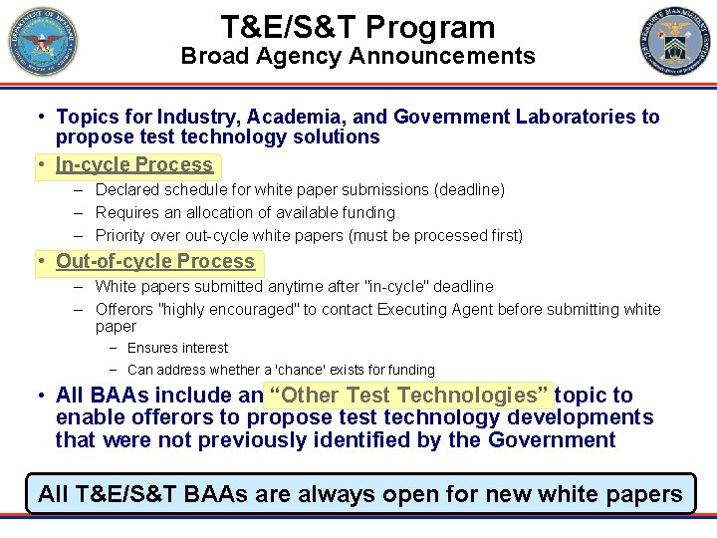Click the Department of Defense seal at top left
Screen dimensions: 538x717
(43, 42)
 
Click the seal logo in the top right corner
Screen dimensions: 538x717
(675, 42)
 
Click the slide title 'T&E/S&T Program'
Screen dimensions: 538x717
(358, 27)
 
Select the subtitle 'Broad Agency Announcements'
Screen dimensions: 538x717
(358, 57)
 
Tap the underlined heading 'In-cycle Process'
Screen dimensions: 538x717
(134, 164)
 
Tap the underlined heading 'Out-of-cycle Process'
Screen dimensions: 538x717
(155, 261)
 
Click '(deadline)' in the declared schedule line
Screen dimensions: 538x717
(467, 189)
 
